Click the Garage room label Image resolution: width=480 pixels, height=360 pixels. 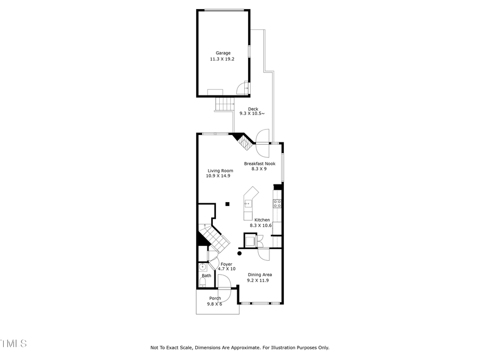[x=223, y=53]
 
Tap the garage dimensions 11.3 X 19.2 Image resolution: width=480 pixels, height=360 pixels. [x=222, y=59]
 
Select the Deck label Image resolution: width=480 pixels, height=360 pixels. [x=253, y=109]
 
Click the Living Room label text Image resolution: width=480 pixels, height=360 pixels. [x=220, y=171]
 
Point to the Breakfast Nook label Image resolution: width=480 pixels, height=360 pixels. [x=259, y=163]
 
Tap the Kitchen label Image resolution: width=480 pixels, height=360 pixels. [x=262, y=220]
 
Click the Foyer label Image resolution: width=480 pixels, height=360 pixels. [x=226, y=263]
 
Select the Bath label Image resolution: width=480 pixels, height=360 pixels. [x=206, y=276]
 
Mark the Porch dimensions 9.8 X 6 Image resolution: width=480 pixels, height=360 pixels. [x=215, y=304]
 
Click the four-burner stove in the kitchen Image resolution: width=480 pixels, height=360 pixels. [x=277, y=203]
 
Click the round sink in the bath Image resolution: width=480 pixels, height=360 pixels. [x=203, y=267]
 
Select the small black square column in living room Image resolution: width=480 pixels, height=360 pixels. [x=227, y=203]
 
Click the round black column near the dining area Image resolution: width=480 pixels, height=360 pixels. [x=239, y=254]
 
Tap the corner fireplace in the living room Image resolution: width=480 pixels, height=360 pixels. [x=243, y=142]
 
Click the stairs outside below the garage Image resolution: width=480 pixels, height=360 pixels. [x=225, y=104]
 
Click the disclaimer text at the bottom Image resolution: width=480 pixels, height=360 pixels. [x=240, y=348]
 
